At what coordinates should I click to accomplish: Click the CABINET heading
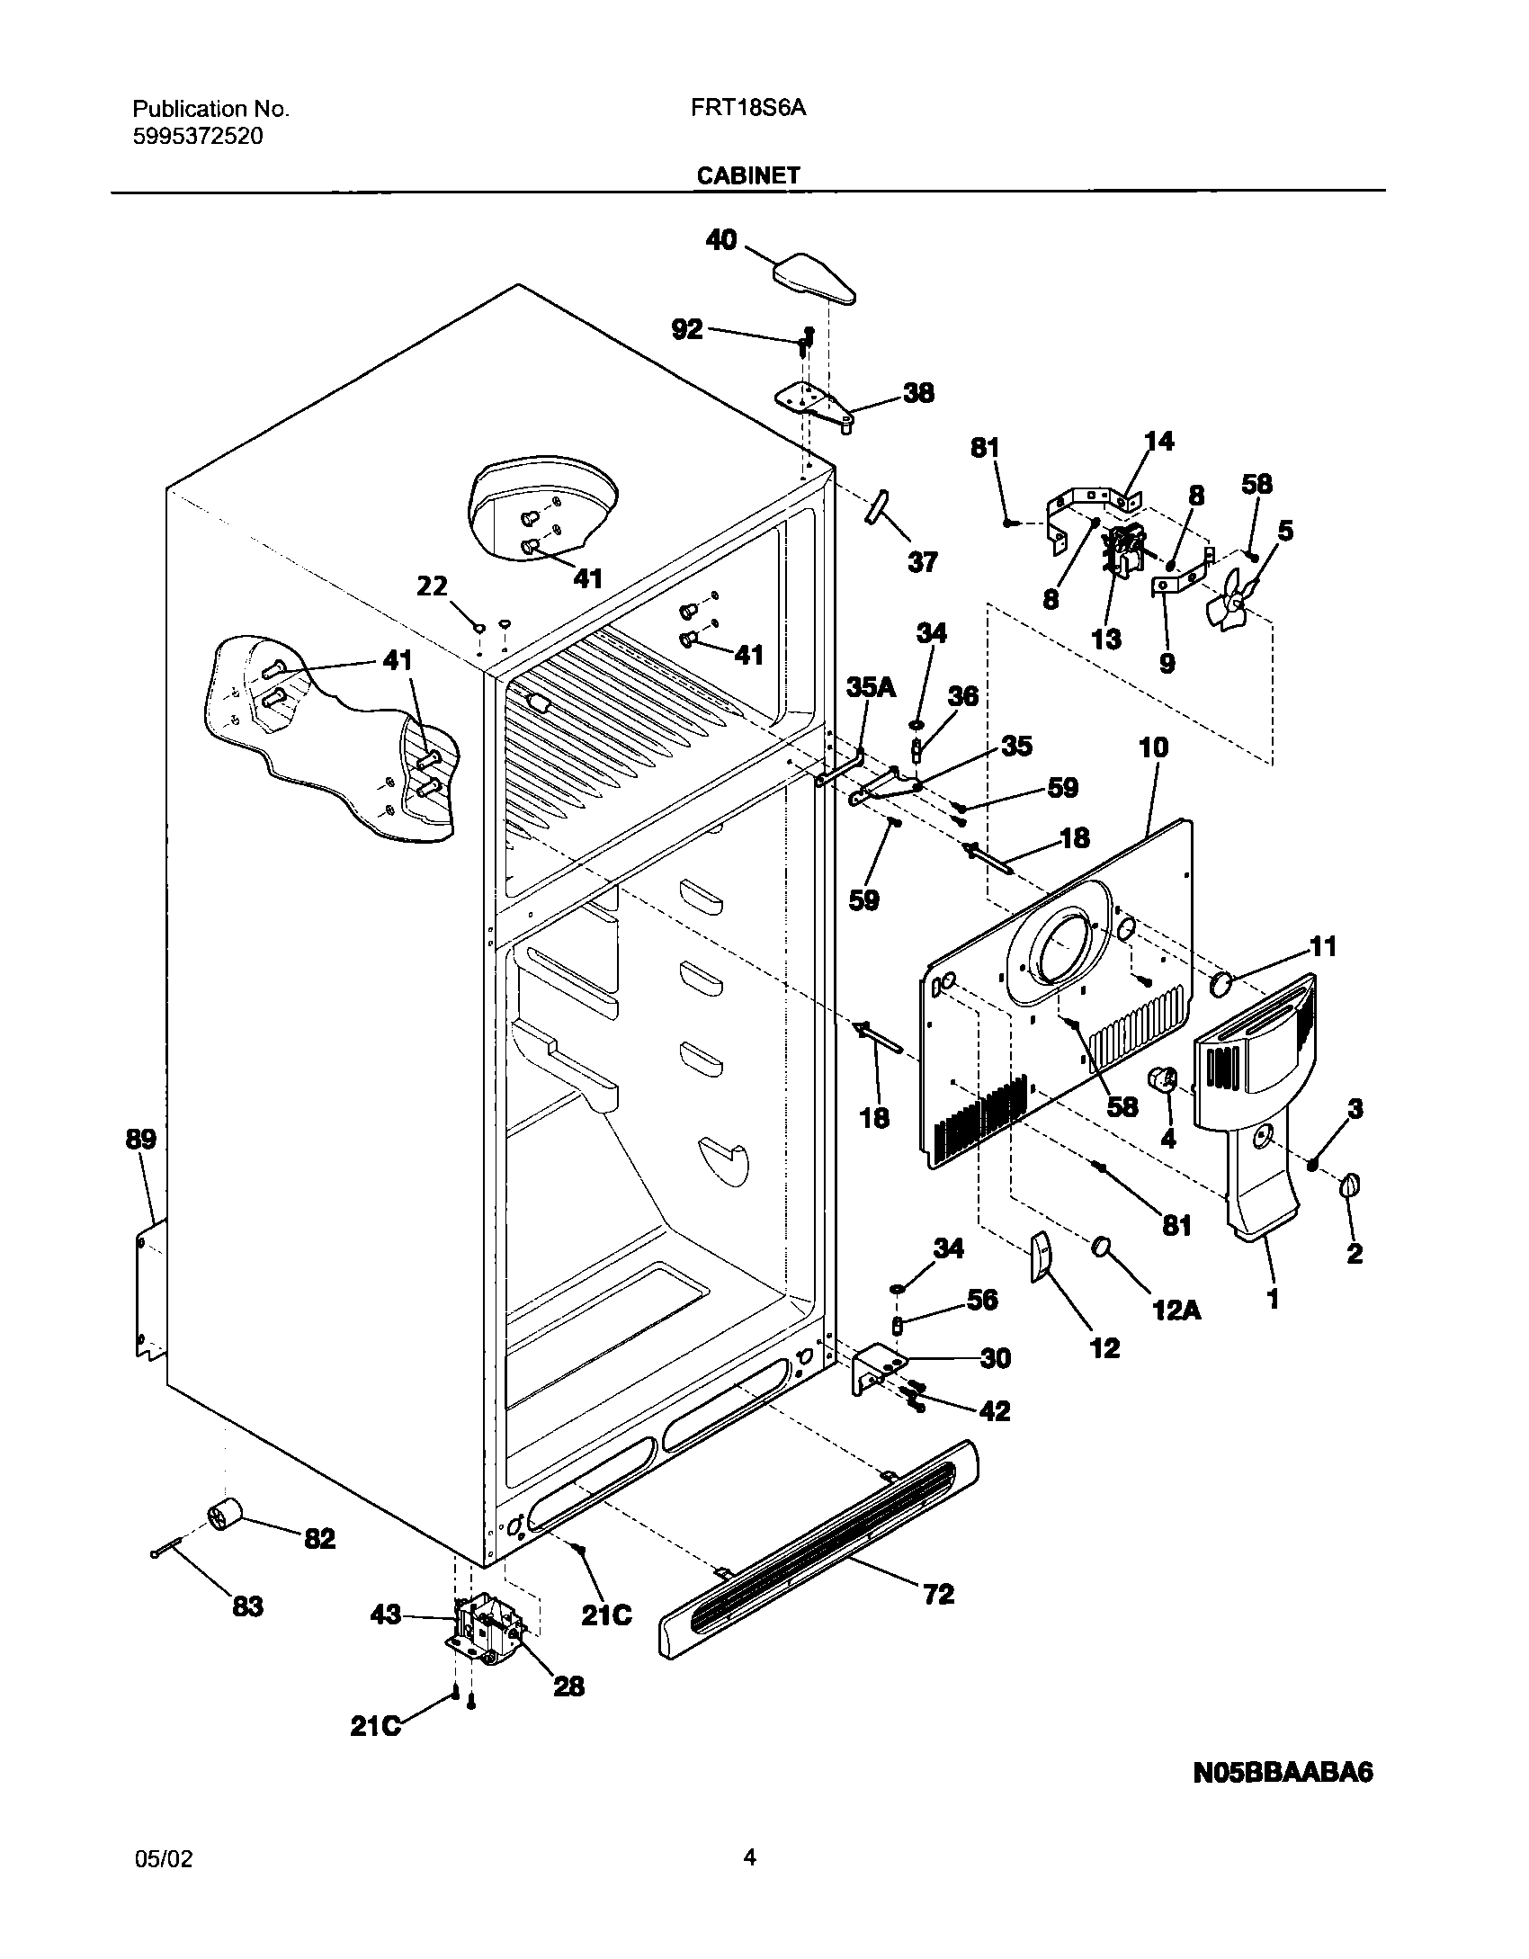[747, 175]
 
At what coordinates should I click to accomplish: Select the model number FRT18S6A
[747, 109]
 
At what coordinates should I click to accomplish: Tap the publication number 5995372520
[198, 137]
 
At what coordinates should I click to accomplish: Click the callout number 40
[721, 240]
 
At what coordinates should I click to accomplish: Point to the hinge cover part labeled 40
[814, 280]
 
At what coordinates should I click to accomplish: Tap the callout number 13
[1106, 639]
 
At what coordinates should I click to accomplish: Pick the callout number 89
[140, 1140]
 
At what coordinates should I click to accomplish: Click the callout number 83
[248, 1606]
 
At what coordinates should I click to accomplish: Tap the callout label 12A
[1176, 1311]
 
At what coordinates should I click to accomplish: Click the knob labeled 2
[1351, 1186]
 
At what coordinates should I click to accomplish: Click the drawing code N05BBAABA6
[1283, 1774]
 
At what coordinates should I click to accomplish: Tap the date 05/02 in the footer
[162, 1878]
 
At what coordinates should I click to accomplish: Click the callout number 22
[432, 586]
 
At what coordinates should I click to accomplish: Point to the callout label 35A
[871, 688]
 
